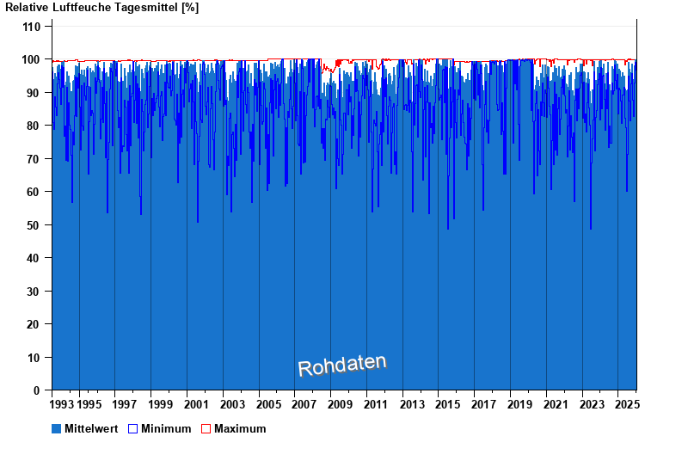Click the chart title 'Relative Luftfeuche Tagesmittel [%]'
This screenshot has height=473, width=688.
click(x=101, y=8)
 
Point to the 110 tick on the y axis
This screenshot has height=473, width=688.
click(x=31, y=27)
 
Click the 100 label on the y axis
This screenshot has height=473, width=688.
click(x=31, y=60)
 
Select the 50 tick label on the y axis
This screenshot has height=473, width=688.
click(x=34, y=225)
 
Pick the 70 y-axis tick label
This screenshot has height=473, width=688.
click(x=34, y=159)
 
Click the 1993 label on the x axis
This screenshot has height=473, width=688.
click(x=62, y=404)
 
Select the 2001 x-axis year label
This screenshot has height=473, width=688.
click(x=197, y=404)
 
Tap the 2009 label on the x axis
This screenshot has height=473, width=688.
click(x=341, y=404)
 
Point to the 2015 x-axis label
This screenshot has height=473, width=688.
click(x=449, y=404)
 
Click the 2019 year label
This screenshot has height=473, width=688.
click(x=521, y=404)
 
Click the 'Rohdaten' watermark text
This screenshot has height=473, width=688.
click(x=342, y=365)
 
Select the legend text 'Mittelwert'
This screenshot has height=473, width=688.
click(x=91, y=428)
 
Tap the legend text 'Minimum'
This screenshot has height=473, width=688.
click(x=166, y=428)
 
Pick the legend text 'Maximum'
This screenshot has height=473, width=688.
click(x=240, y=428)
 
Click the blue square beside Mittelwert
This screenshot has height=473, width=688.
click(x=57, y=428)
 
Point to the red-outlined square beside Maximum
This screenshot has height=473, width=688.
click(x=206, y=428)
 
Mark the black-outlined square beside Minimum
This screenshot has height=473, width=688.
click(x=133, y=428)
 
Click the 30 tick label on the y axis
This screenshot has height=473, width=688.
click(x=34, y=292)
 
